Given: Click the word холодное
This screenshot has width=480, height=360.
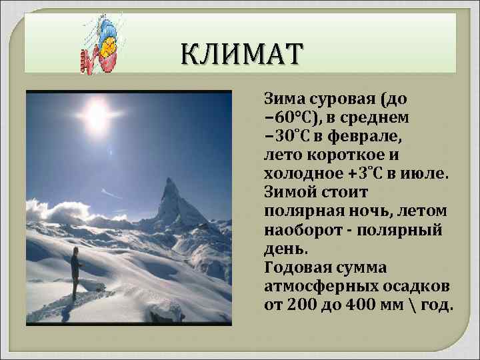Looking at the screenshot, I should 298,173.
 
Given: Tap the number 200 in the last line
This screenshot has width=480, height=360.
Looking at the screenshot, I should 299,305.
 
